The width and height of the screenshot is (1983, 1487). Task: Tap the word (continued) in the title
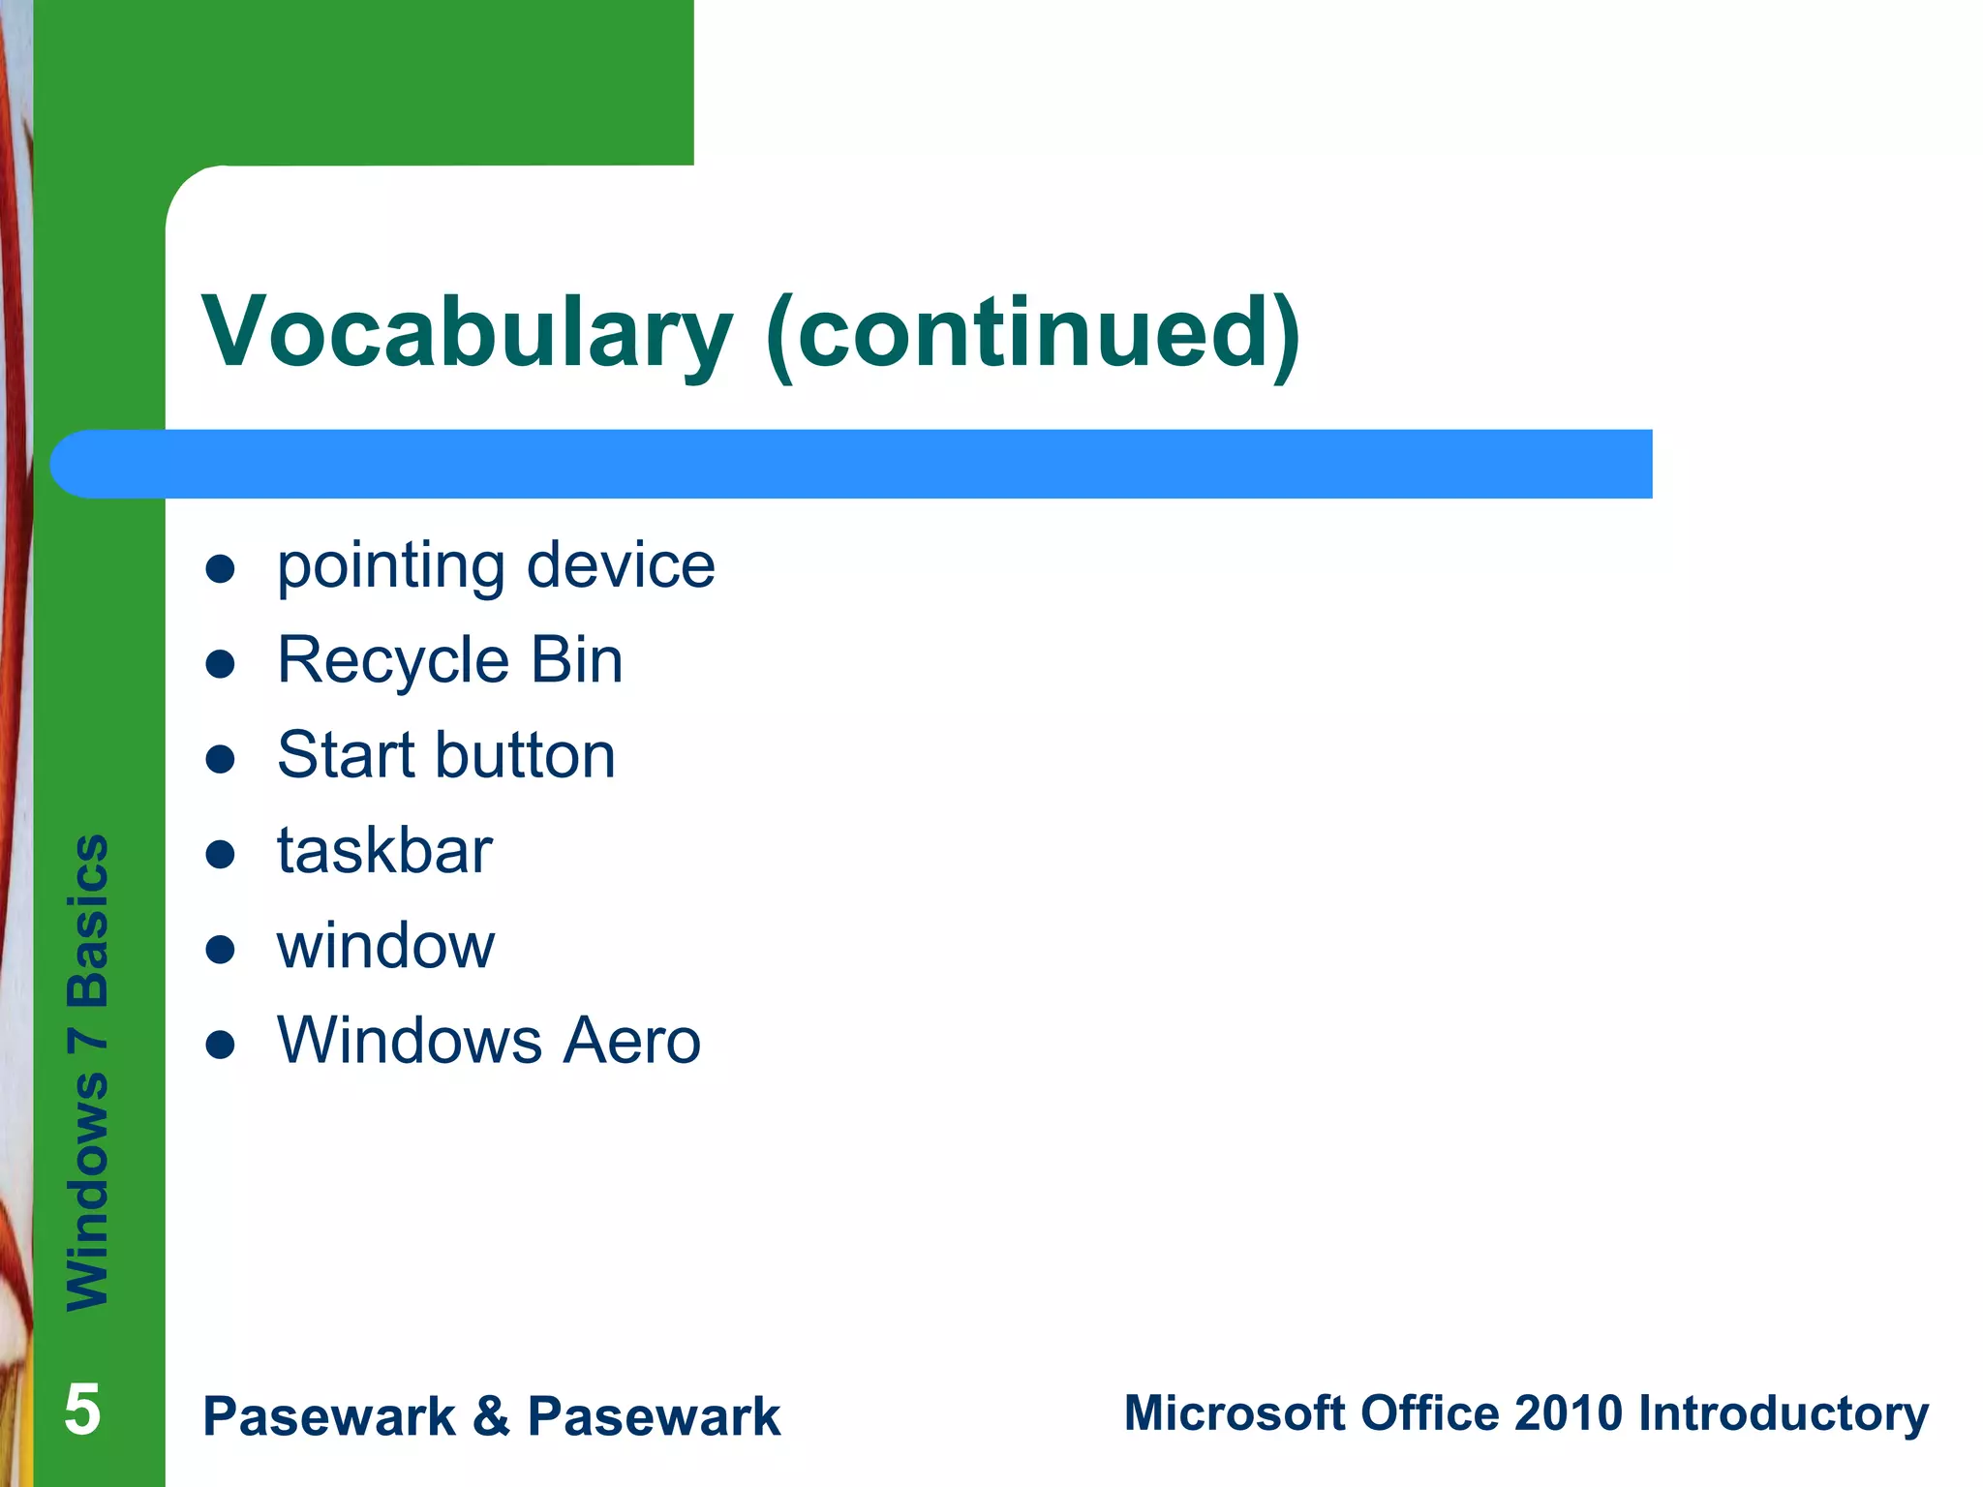pos(1032,334)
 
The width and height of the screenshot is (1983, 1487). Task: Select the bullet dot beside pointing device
pos(221,569)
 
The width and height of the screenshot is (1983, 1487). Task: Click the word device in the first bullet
pos(621,565)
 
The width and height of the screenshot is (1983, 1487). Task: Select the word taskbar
pos(384,851)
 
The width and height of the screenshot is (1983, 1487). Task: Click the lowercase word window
pos(385,946)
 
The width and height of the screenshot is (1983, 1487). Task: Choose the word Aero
pos(632,1041)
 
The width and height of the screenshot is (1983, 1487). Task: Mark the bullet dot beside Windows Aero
pos(221,1046)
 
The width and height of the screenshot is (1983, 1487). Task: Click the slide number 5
pos(82,1410)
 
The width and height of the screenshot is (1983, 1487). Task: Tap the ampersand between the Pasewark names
pos(491,1416)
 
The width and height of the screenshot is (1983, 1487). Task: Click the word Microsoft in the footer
pos(1235,1412)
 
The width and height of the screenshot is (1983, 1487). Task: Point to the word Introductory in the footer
pos(1784,1414)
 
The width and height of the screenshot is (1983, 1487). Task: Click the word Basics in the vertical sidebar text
pos(88,920)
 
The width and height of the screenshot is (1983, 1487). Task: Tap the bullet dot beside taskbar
pos(221,855)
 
